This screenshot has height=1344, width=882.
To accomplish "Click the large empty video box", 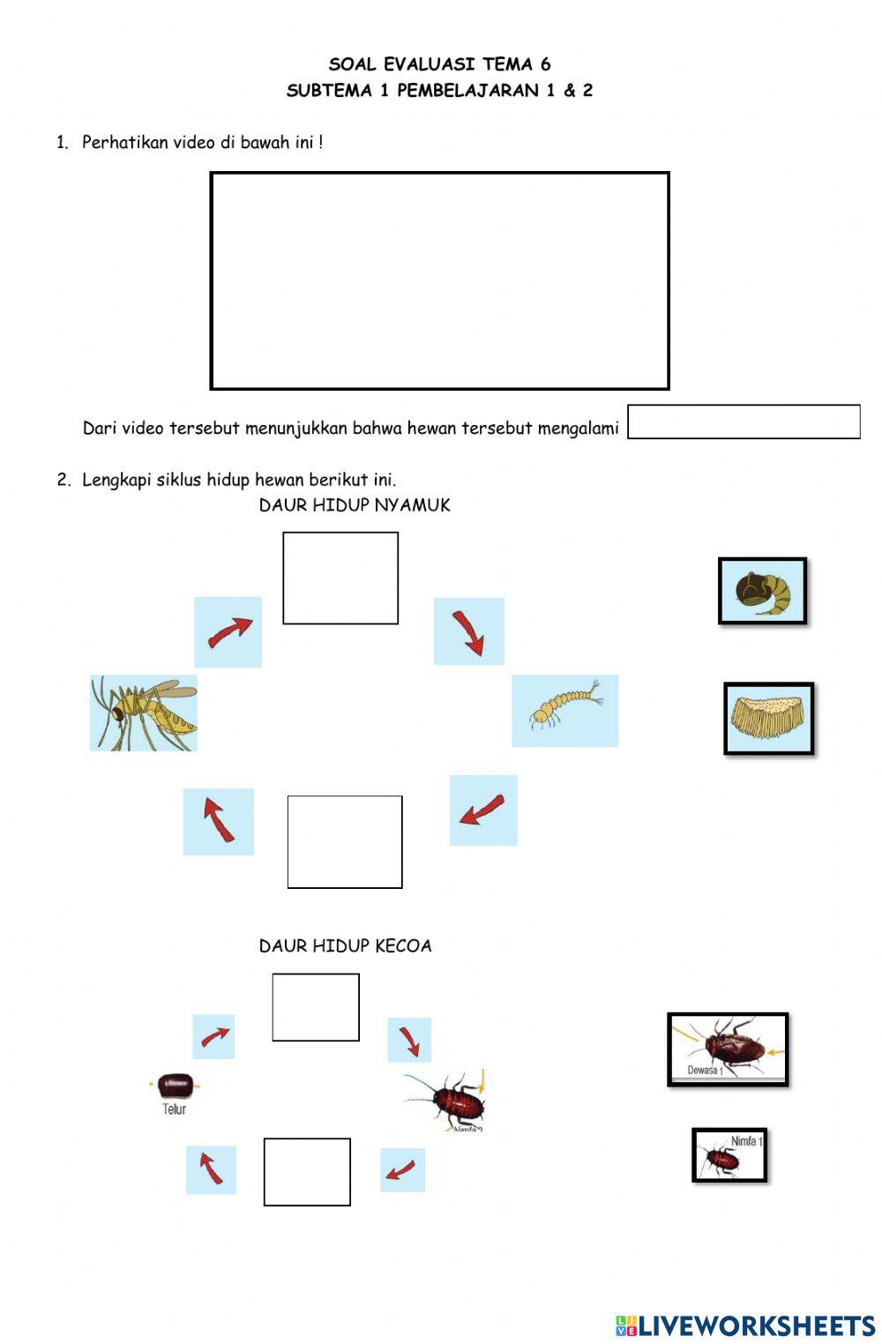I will [x=439, y=280].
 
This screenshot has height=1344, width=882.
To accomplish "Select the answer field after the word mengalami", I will [x=744, y=422].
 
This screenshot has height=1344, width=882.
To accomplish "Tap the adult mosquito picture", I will [x=143, y=713].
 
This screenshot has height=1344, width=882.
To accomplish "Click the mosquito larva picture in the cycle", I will [x=564, y=710].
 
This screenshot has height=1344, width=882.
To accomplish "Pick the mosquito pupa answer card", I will [x=763, y=591].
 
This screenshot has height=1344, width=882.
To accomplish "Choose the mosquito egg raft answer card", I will [x=768, y=718].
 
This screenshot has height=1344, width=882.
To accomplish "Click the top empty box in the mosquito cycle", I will [x=340, y=578].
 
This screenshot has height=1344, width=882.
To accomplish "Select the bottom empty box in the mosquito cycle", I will [x=345, y=841].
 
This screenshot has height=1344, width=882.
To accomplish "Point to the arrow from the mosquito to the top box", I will [x=228, y=631].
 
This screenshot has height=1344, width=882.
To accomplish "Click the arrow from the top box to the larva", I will [x=468, y=631].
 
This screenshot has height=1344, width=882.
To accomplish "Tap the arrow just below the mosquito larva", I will [x=483, y=810].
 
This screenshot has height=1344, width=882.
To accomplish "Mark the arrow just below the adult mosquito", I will [x=218, y=821].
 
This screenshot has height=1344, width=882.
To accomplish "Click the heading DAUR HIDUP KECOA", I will [x=345, y=945].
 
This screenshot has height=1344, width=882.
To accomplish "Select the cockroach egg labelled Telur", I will [x=175, y=1086].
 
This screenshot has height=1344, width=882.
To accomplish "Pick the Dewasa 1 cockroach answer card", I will [x=728, y=1049].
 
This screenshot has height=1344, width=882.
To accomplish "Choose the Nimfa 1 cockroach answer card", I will [x=729, y=1154].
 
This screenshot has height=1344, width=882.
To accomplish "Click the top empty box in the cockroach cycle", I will [x=316, y=1007].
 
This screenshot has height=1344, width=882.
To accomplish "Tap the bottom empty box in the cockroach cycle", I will [x=307, y=1171].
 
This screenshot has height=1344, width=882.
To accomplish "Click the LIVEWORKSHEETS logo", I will [x=745, y=1325].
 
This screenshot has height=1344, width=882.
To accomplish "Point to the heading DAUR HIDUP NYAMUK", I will [x=355, y=504].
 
